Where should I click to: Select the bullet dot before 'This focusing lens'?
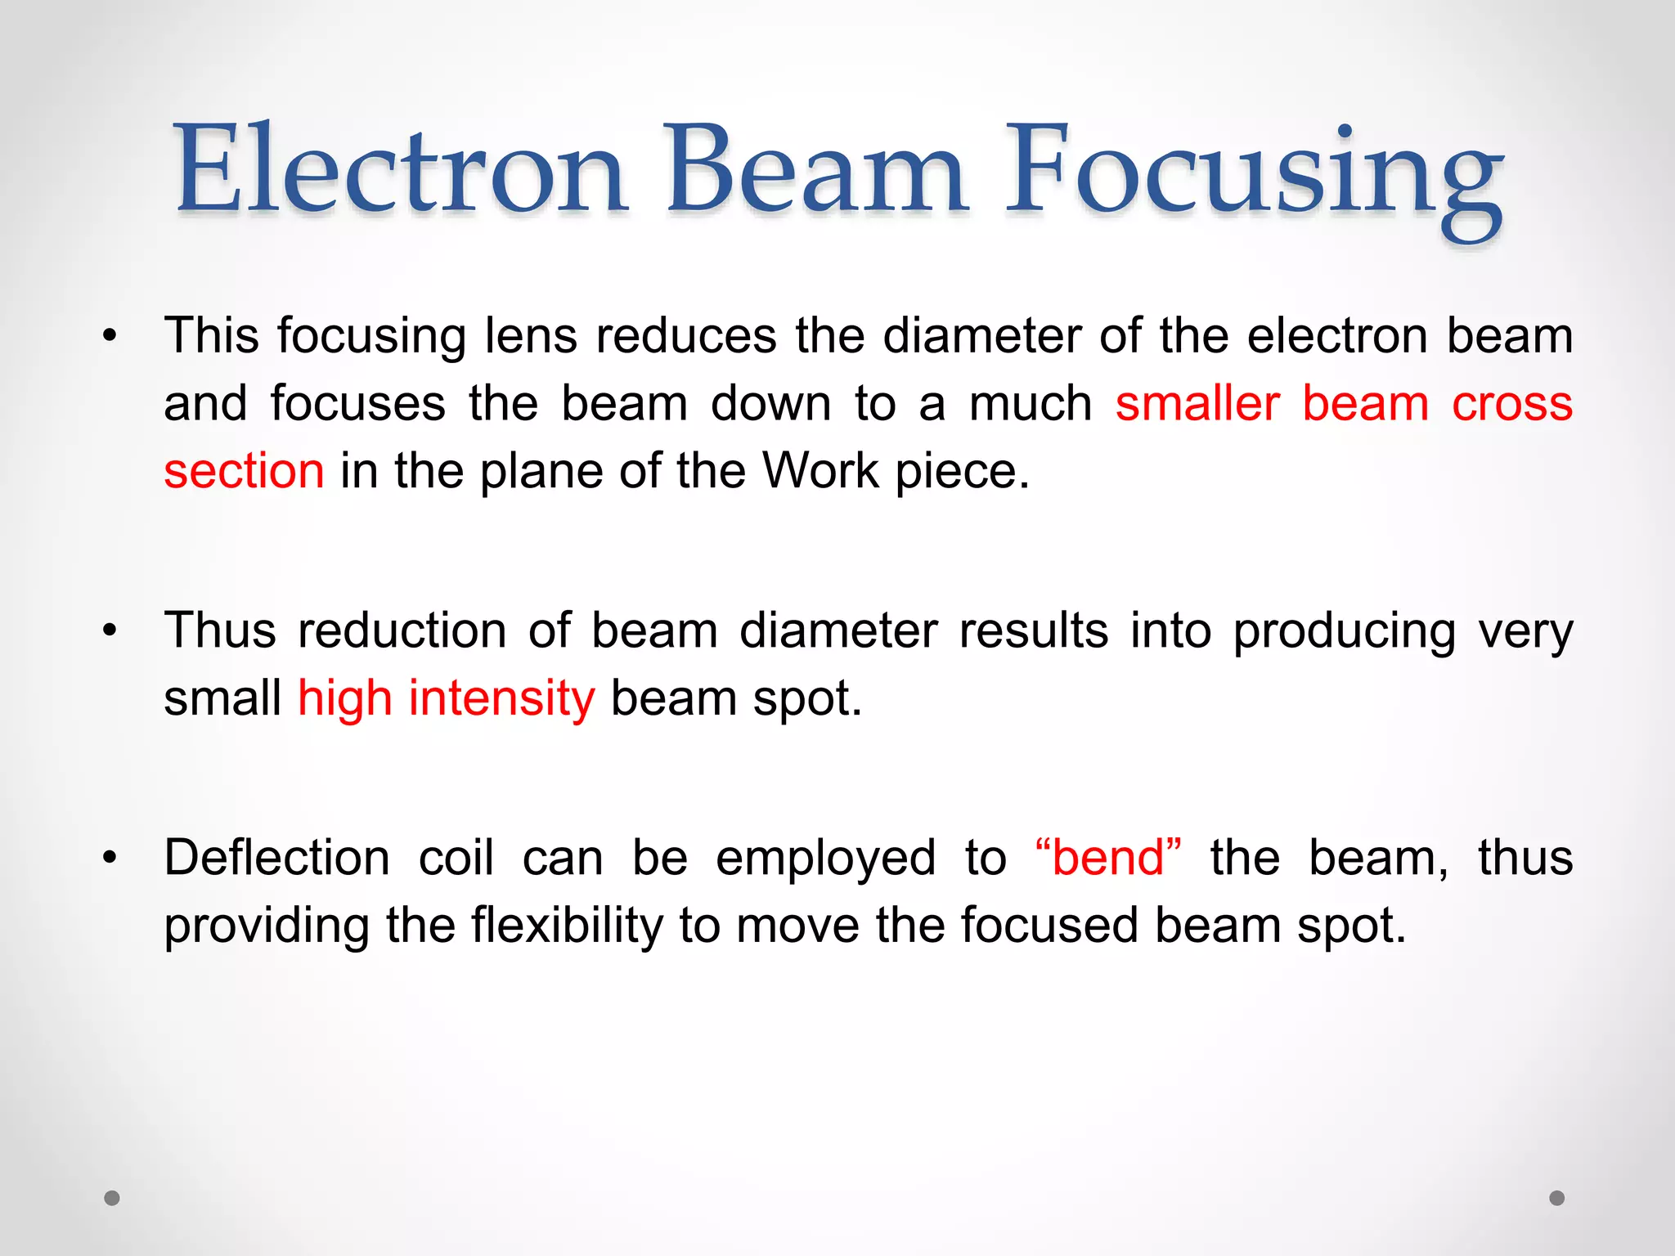coord(110,335)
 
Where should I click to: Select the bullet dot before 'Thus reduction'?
coord(110,630)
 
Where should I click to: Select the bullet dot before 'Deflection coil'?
coord(110,858)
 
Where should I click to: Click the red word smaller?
coord(1197,403)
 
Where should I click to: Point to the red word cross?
coord(1511,403)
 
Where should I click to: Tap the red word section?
coord(244,471)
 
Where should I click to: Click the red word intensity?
coord(501,698)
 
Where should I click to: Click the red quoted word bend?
coord(1107,858)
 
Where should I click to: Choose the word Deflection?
coord(276,858)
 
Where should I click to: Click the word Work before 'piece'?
coord(820,471)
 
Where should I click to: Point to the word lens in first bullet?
coord(531,335)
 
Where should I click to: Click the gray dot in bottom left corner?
coord(112,1198)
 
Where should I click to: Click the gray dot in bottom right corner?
coord(1557,1198)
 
